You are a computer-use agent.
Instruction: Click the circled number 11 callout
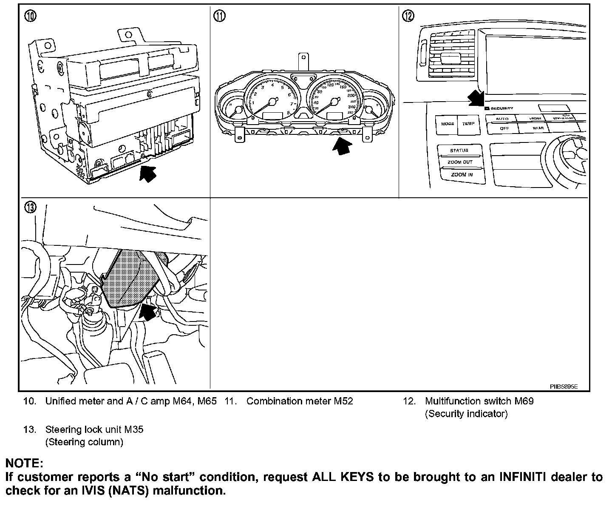219,16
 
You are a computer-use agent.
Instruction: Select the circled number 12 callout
408,16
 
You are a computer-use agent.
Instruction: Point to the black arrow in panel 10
147,174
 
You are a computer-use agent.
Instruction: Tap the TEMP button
468,124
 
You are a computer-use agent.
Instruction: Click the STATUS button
459,151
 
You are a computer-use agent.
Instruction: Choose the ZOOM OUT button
460,162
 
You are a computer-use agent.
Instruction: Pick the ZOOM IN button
462,175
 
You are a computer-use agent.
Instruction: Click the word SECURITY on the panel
502,108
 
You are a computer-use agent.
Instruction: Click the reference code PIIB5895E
564,387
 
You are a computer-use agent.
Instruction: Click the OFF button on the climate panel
504,128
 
